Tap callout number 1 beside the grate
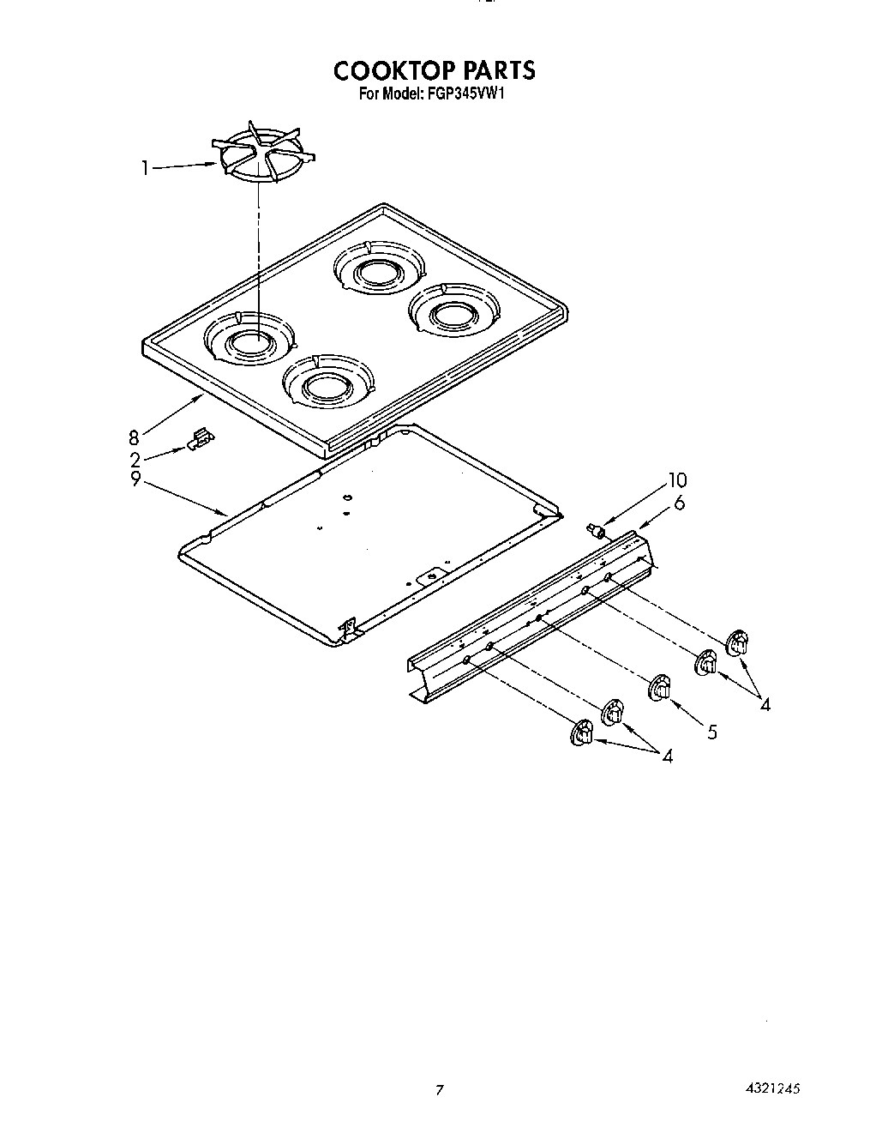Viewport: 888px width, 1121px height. coord(146,168)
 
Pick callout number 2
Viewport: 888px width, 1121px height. coord(135,460)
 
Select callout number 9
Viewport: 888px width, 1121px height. coord(135,480)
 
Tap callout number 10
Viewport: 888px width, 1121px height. coord(678,481)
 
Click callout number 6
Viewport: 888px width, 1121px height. coord(680,503)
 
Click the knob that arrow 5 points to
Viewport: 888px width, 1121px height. coord(660,688)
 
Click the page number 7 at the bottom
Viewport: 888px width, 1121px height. coord(440,1091)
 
